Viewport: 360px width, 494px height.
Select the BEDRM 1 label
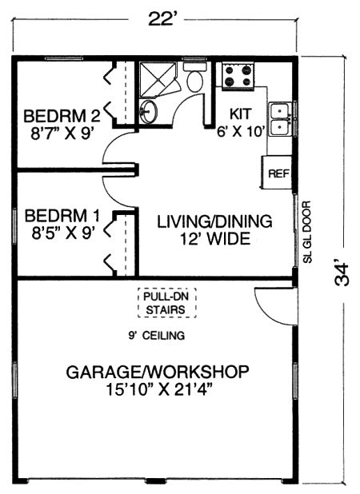point(59,216)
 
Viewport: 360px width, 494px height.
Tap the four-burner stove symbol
point(238,77)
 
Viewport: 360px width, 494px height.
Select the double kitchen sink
point(279,119)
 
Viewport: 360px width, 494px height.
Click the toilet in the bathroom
point(194,78)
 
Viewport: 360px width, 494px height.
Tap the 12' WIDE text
point(214,238)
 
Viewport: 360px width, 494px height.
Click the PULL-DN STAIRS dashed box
point(164,302)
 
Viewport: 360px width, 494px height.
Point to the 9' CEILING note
point(157,336)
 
